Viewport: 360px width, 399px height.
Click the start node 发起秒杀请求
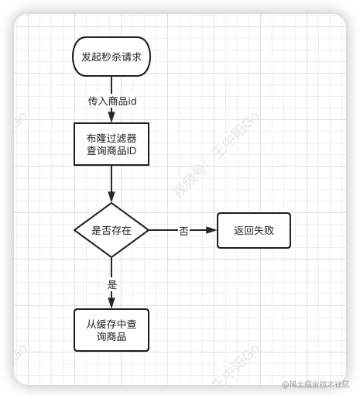111,57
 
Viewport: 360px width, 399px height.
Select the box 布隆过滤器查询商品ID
111,144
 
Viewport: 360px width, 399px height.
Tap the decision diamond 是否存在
111,230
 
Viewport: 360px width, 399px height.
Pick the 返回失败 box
254,230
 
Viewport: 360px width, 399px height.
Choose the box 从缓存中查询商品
111,330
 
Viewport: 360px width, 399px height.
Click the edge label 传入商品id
112,101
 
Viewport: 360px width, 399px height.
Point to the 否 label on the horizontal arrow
183,231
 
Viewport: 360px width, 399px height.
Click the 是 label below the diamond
112,284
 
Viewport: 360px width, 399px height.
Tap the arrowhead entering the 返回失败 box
211,230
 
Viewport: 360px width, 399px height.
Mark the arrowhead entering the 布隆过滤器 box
111,117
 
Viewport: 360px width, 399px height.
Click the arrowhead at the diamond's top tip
111,197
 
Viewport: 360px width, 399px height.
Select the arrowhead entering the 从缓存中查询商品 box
111,303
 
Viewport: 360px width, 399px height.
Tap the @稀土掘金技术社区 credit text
315,384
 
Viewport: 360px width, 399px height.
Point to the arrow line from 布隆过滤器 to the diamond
111,184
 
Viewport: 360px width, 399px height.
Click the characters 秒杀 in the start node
111,57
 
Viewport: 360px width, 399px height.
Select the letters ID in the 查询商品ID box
132,150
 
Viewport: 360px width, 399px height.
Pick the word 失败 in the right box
264,230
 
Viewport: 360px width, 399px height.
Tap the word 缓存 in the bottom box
106,324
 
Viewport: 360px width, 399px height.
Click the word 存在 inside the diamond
122,230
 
